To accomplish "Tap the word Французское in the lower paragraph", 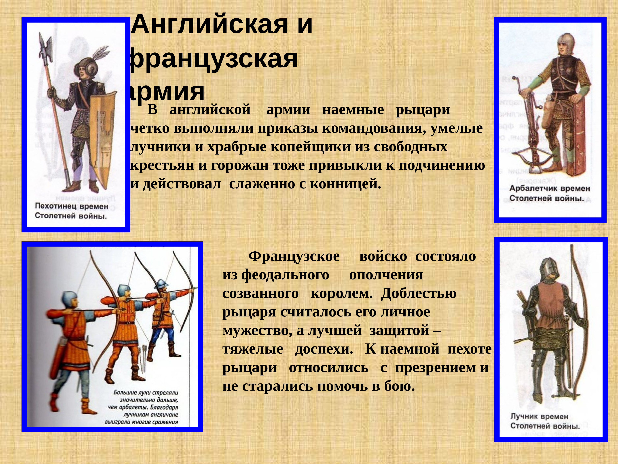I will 294,256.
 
